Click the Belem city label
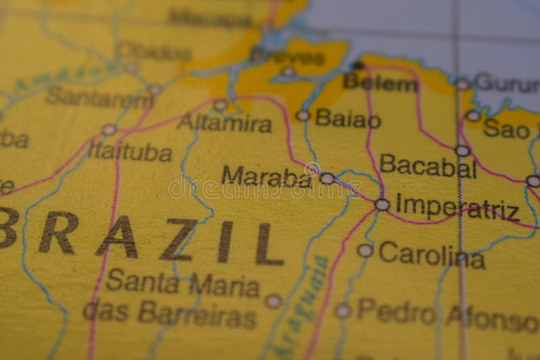pos(380,83)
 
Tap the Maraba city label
pos(266,176)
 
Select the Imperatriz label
pos(457,207)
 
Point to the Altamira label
pos(224,123)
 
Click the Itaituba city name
pos(130,151)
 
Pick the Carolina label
pos(431,254)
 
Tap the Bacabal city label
pos(428,165)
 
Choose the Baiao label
pos(348,119)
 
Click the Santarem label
pos(99,98)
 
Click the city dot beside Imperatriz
pos(382,204)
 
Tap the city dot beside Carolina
pos(365,251)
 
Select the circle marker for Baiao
pos(303,115)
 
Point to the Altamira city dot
pos(220,105)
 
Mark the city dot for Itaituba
pos(109,130)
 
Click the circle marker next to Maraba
pos(327,178)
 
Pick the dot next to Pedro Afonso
pos(343,311)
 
